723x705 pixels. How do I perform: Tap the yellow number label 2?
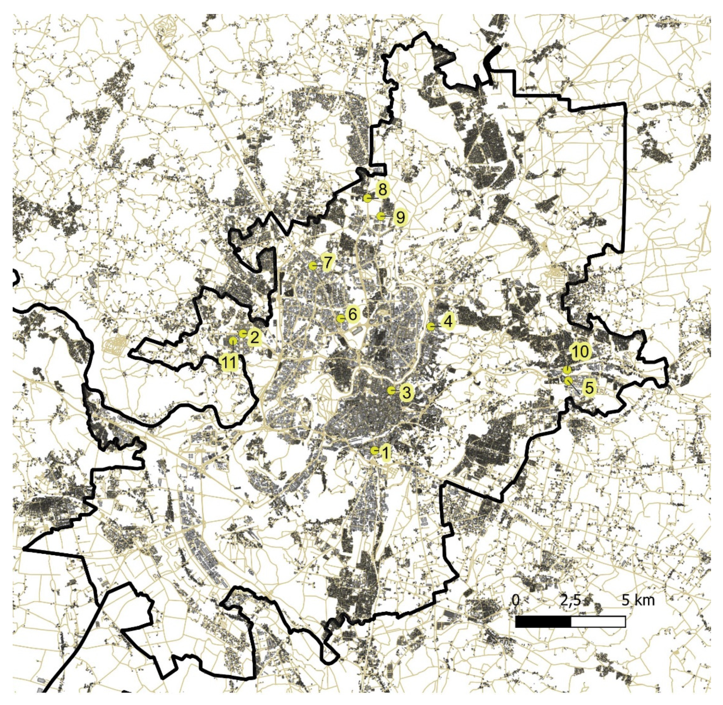click(254, 337)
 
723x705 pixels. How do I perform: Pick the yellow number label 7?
click(327, 263)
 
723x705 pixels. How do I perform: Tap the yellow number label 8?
click(382, 189)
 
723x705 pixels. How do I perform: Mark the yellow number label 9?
click(399, 217)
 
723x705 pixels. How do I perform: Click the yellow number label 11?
click(229, 363)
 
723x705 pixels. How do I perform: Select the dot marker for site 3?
click(391, 390)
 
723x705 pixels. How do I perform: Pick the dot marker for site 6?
click(340, 319)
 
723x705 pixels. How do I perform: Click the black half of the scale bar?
click(543, 622)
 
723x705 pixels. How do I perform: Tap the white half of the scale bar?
click(598, 622)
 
